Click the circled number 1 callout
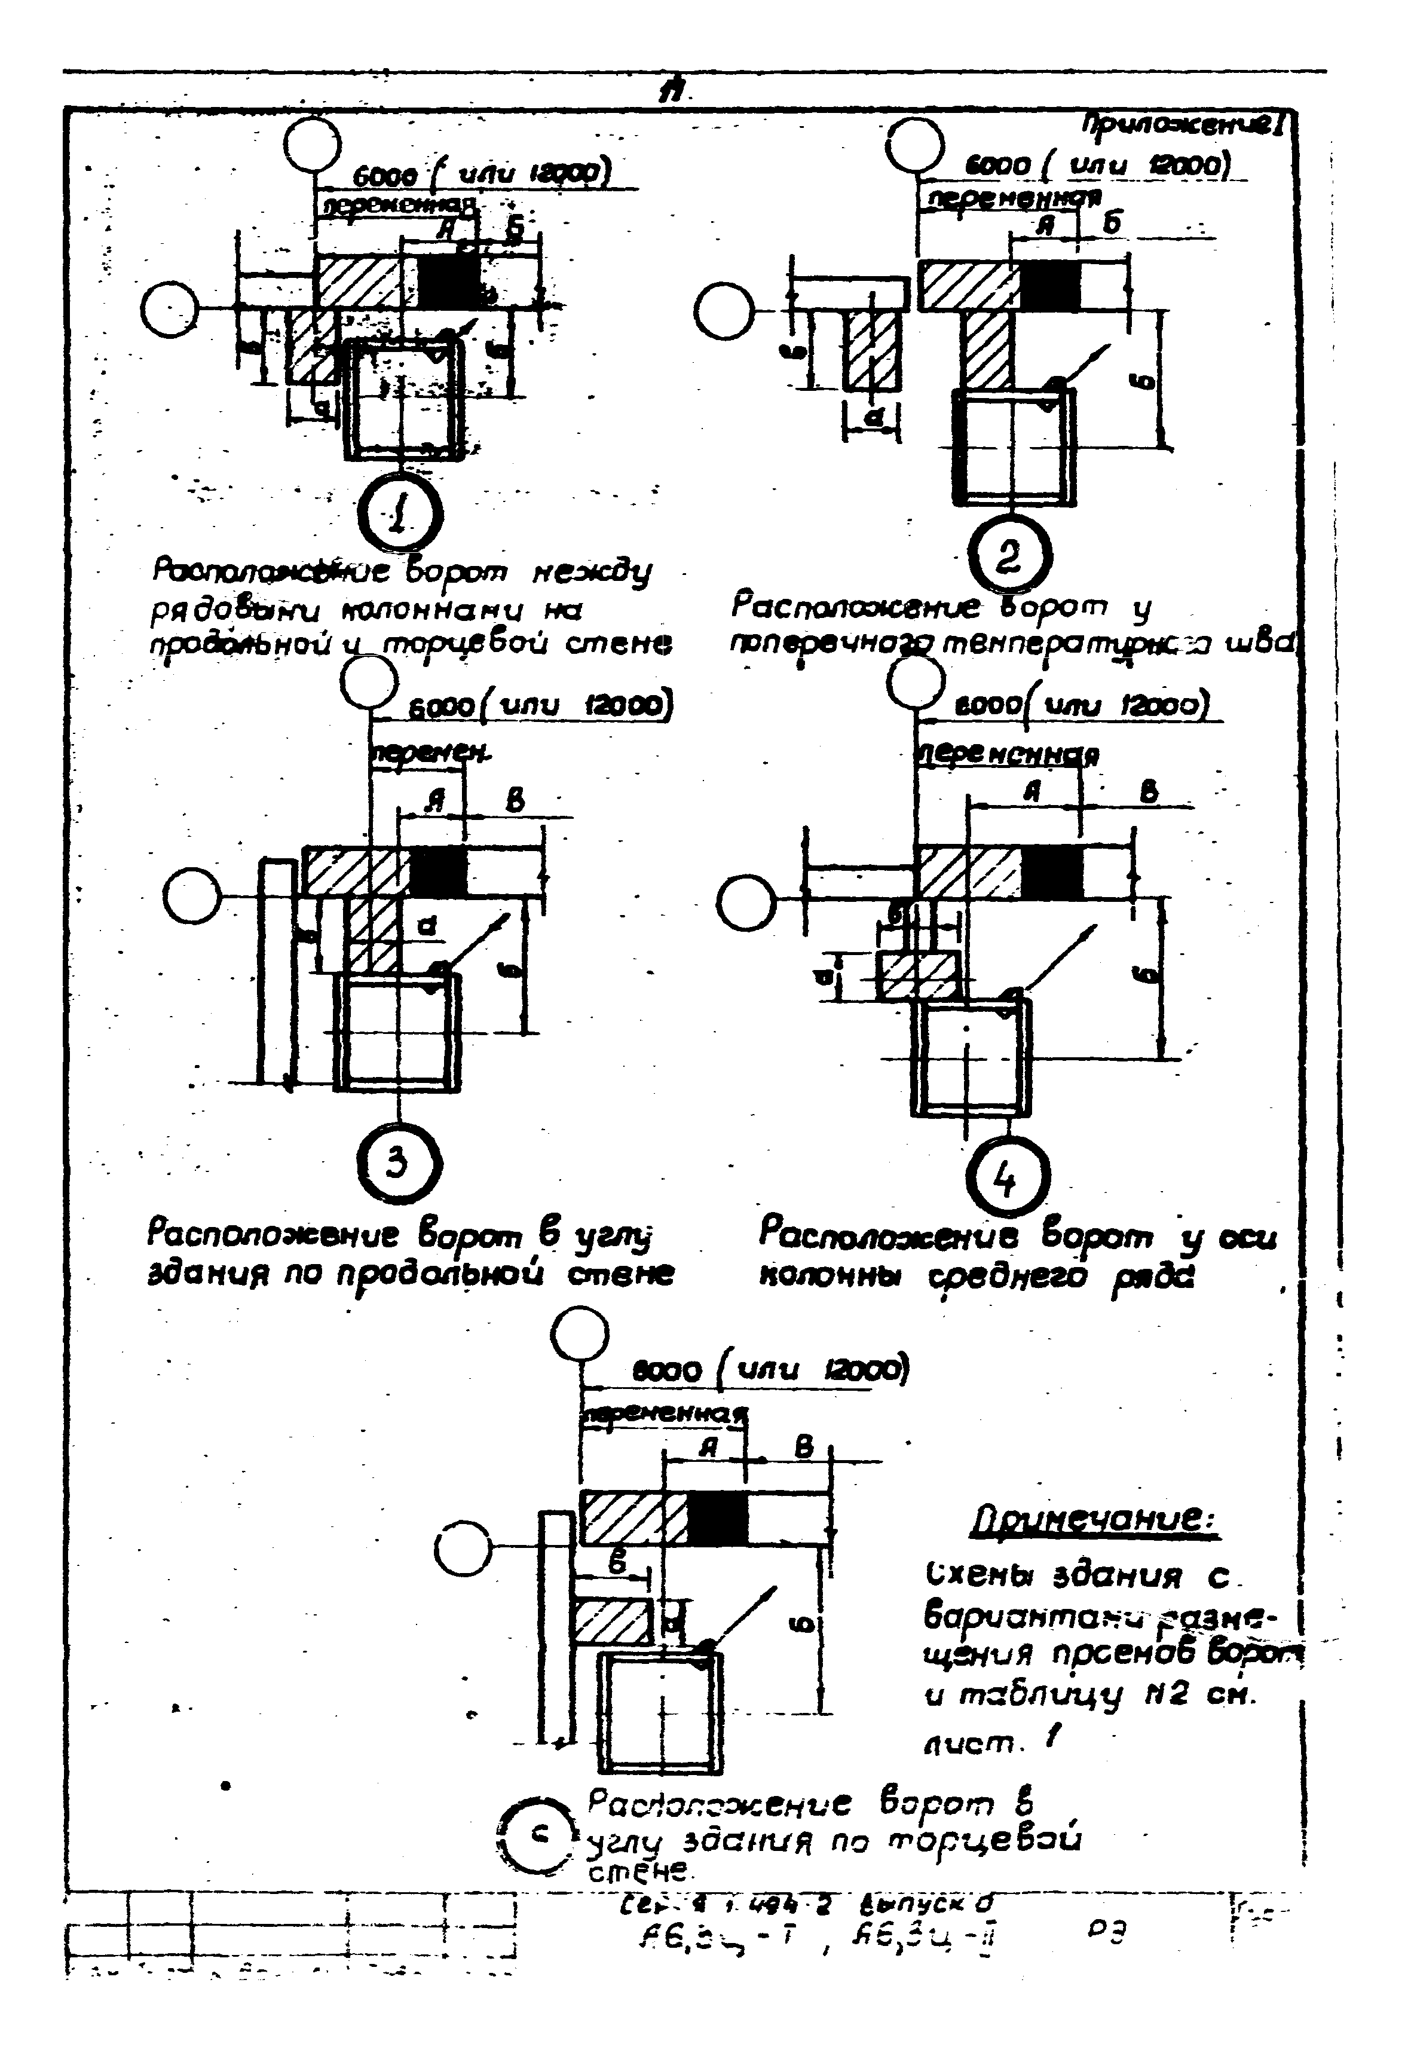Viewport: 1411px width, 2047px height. [400, 516]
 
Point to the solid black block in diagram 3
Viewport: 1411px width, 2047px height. [437, 871]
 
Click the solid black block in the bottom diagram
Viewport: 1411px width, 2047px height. [717, 1517]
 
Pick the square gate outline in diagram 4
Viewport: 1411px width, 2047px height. [971, 1054]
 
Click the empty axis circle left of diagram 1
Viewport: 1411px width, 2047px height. [170, 312]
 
